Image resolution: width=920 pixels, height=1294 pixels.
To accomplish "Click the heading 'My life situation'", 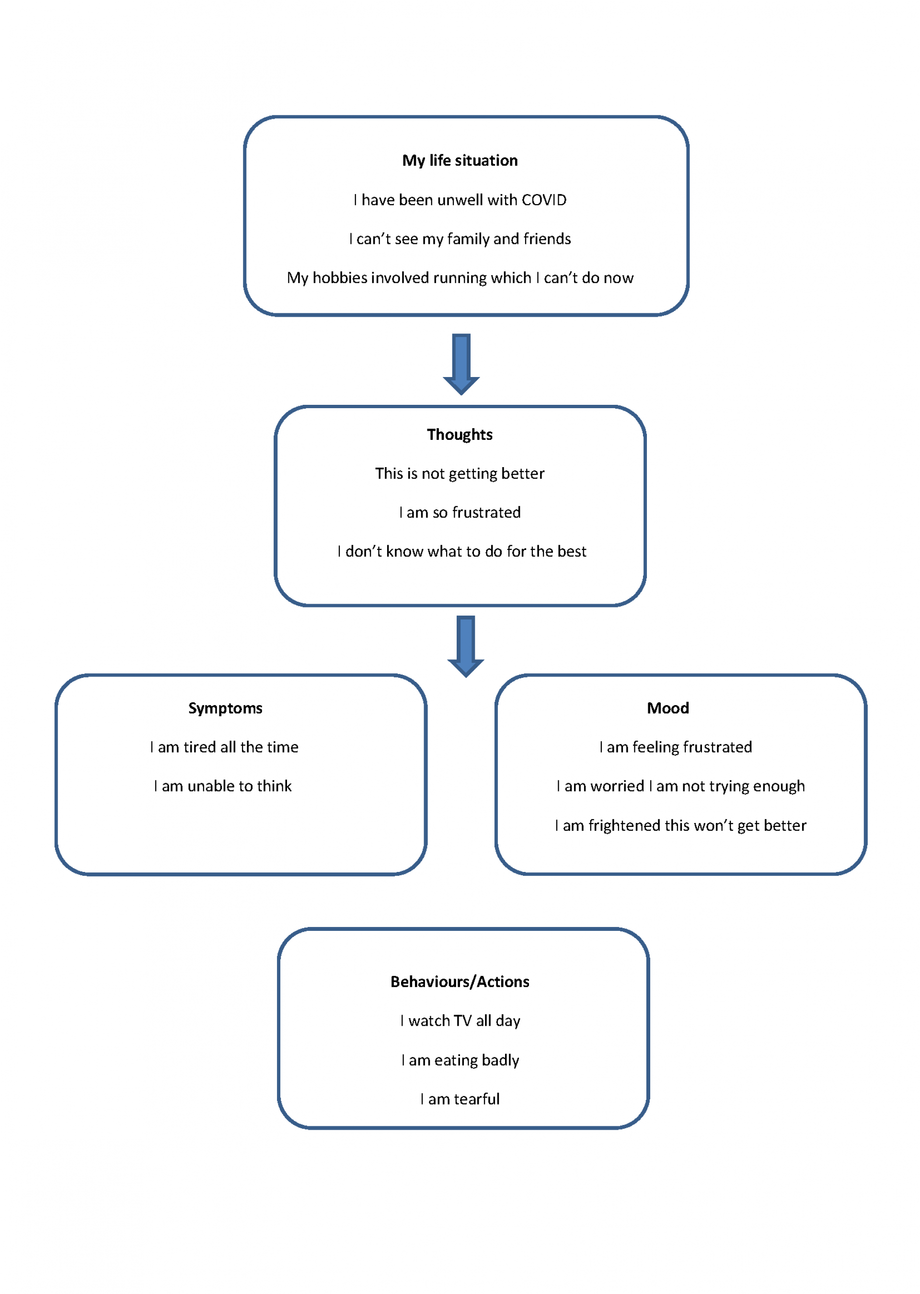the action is (460, 161).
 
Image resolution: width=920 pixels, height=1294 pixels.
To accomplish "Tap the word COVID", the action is (544, 200).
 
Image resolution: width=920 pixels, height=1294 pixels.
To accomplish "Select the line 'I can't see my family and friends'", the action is (460, 239).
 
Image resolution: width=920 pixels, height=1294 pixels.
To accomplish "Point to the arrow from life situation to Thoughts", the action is (461, 364).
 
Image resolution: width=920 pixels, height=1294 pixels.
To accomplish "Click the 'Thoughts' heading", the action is (460, 435).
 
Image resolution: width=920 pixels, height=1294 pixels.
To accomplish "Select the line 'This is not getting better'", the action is (460, 474).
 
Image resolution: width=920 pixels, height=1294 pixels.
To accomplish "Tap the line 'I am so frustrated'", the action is (460, 513).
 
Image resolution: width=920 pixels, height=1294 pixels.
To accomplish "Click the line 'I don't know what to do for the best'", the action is (462, 551).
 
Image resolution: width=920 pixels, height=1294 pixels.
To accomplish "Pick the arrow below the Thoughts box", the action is (466, 647).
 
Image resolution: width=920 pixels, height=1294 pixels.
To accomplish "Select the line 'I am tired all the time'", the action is (224, 747).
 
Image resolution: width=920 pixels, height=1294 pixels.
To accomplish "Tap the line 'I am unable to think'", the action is (223, 787).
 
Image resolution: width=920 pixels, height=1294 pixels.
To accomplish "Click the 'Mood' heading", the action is (668, 709).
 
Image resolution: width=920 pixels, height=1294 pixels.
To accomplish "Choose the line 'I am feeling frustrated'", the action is (675, 747).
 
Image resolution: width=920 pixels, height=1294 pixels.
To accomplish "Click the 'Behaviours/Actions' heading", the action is (460, 982).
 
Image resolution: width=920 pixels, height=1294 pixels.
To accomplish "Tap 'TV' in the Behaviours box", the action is (462, 1021).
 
